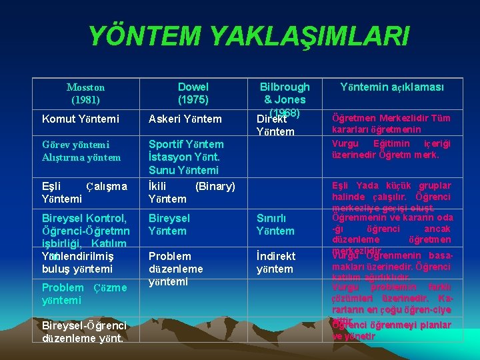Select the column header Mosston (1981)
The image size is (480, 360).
pos(85,93)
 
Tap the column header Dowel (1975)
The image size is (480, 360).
pos(193,93)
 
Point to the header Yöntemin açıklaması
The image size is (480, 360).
pos(392,87)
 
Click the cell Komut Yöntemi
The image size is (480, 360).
pos(80,119)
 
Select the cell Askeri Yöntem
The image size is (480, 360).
pos(185,119)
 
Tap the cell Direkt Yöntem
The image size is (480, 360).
pos(275,125)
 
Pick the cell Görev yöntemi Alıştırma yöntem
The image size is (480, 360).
pos(81,151)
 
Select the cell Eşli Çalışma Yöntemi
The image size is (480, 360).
pos(83,192)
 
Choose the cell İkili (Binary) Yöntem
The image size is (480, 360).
pos(191,192)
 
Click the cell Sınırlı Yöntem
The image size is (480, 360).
pos(275,225)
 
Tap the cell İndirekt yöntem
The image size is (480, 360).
pos(275,263)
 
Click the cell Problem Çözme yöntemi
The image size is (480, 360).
pos(83,294)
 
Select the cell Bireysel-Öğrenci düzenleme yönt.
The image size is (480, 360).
pos(83,331)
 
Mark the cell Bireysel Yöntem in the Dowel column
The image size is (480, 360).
pos(169,225)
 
